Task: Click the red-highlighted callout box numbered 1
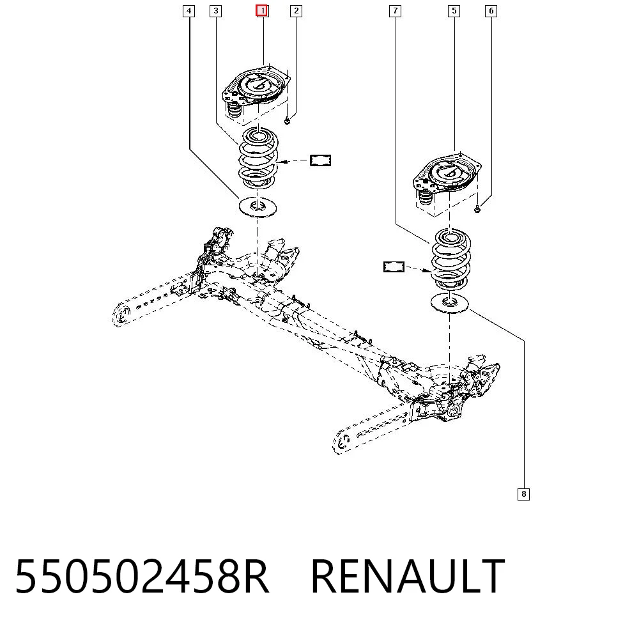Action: pyautogui.click(x=261, y=11)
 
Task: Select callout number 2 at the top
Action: pyautogui.click(x=296, y=11)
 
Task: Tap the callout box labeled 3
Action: pyautogui.click(x=215, y=11)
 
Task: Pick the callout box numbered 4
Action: pyautogui.click(x=189, y=11)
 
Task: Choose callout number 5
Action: pyautogui.click(x=454, y=11)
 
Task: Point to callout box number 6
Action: pyautogui.click(x=491, y=11)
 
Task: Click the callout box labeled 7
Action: pyautogui.click(x=395, y=11)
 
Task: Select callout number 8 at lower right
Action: pyautogui.click(x=524, y=494)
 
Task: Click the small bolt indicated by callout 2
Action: pyautogui.click(x=287, y=120)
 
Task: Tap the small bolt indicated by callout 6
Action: pyautogui.click(x=477, y=209)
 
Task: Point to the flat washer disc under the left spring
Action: pyautogui.click(x=258, y=207)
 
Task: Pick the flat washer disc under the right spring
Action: pyautogui.click(x=450, y=303)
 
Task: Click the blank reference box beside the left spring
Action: pyautogui.click(x=320, y=160)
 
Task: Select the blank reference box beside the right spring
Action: pyautogui.click(x=394, y=267)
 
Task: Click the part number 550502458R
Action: pyautogui.click(x=142, y=577)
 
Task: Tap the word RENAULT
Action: pyautogui.click(x=408, y=577)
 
